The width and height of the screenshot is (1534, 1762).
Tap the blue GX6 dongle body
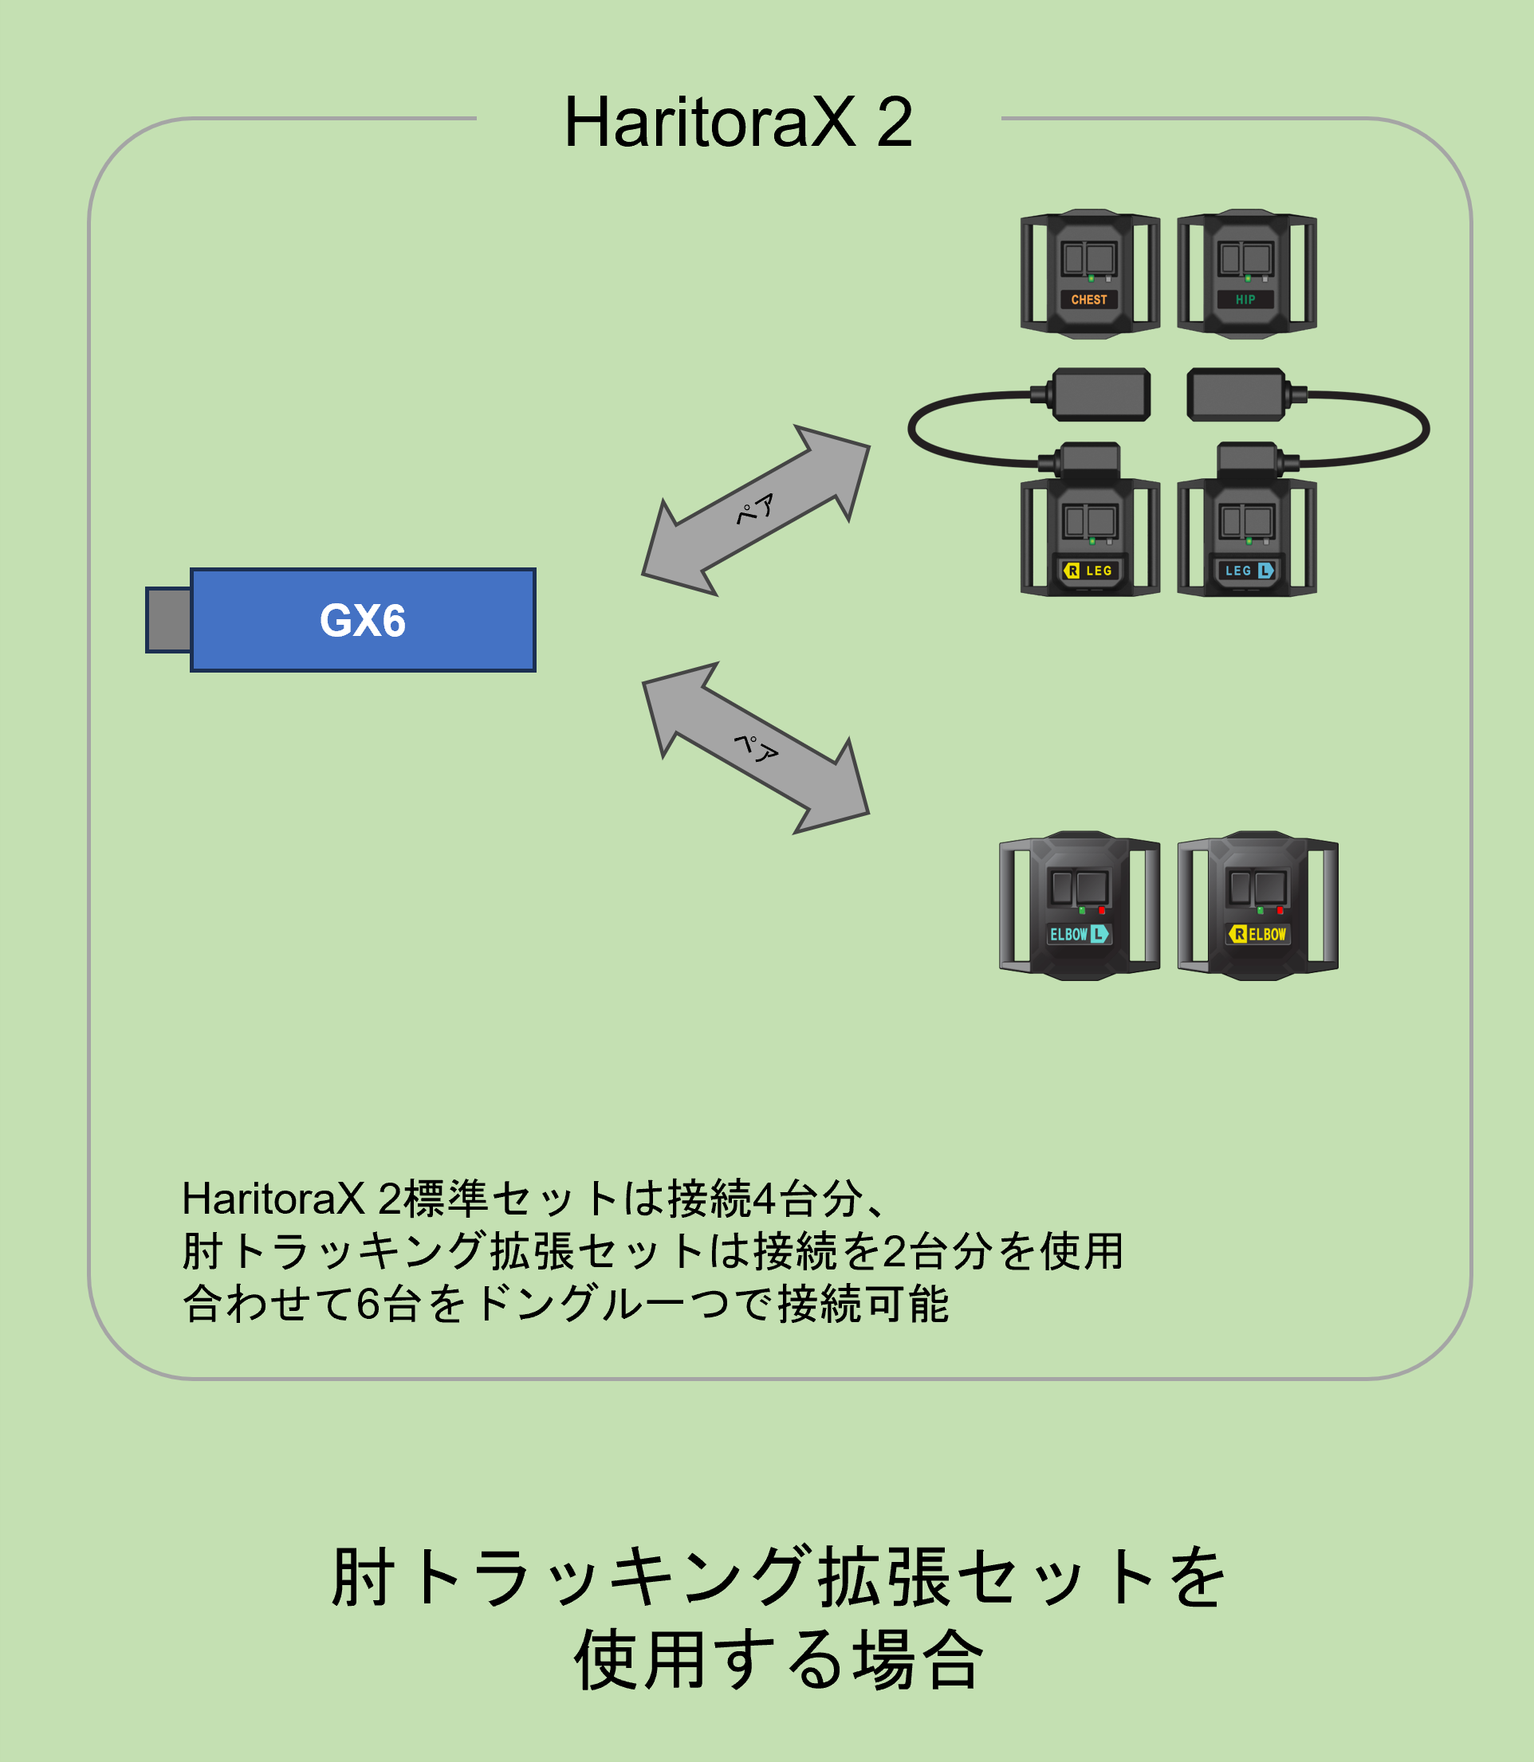[363, 619]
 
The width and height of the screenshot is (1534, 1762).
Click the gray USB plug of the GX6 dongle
[169, 619]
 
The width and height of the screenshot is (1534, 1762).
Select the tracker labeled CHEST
[1090, 274]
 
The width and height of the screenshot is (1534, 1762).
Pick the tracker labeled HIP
[1246, 274]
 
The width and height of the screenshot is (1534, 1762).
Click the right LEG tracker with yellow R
[1090, 537]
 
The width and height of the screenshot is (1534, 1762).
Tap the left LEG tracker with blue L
[1246, 537]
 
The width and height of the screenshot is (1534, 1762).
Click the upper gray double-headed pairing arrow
[756, 510]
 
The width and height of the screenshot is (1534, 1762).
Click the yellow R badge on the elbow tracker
[1238, 935]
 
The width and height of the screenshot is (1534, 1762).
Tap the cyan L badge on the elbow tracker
[1099, 935]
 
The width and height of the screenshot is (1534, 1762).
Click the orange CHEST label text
[1089, 300]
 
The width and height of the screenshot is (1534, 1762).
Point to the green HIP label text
[1245, 300]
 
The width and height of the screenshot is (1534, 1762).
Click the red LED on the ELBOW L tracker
[1102, 911]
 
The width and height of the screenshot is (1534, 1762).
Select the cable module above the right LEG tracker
[1101, 394]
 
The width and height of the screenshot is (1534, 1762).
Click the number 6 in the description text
[368, 1305]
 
